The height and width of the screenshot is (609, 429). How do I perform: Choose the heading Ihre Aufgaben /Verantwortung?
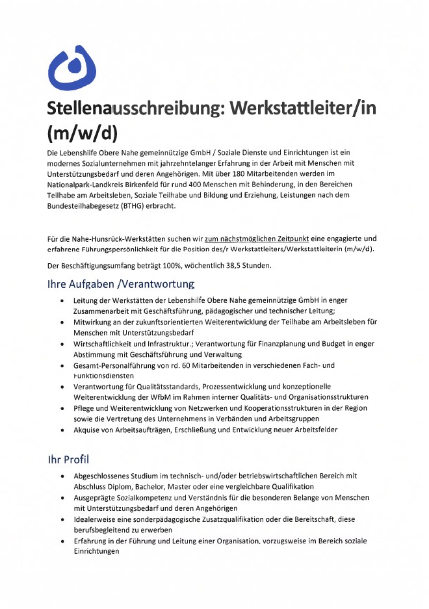[120, 284]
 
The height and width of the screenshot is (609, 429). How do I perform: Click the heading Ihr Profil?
[68, 460]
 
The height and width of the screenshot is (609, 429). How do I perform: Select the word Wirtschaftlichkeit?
[109, 343]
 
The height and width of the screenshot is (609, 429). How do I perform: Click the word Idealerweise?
[97, 519]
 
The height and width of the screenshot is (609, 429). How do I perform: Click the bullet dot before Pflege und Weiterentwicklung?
[61, 408]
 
